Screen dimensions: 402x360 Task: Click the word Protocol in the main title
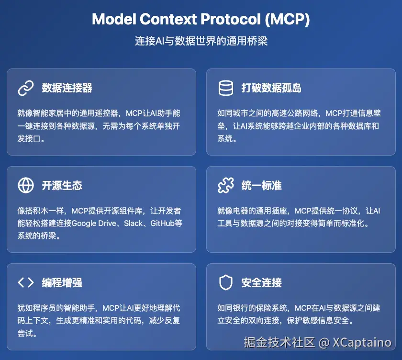(x=231, y=19)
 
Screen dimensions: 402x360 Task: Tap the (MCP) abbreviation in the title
(x=288, y=19)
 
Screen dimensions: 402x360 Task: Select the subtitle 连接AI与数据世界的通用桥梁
(x=201, y=41)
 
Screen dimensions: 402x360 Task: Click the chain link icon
(x=26, y=88)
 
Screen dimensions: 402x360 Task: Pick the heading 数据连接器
(x=67, y=88)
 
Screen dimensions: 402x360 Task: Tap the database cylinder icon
(x=225, y=88)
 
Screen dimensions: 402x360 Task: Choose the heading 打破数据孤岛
(x=271, y=88)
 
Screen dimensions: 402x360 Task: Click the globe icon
(x=26, y=185)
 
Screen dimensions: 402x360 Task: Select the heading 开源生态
(x=62, y=185)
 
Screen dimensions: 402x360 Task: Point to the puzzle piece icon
(x=225, y=185)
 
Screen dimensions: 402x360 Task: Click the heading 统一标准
(x=261, y=185)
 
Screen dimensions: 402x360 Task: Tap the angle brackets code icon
(x=26, y=282)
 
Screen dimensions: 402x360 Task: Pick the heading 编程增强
(x=62, y=283)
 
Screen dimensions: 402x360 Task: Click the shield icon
(x=225, y=282)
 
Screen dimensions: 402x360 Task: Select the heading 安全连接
(x=261, y=283)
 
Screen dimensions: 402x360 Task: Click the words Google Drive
(x=94, y=224)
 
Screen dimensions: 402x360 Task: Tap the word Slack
(x=134, y=224)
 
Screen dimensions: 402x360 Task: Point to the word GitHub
(x=163, y=224)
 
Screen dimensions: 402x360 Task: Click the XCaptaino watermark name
(x=362, y=342)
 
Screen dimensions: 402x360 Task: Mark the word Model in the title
(x=114, y=19)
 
